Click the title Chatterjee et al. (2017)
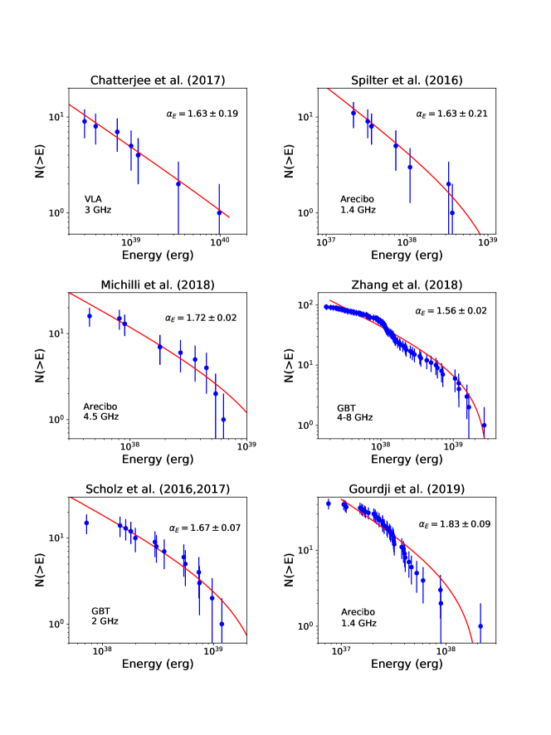pyautogui.click(x=156, y=80)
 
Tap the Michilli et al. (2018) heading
pyautogui.click(x=156, y=285)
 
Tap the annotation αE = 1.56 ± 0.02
pyautogui.click(x=451, y=311)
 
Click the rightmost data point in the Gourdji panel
pyautogui.click(x=480, y=626)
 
